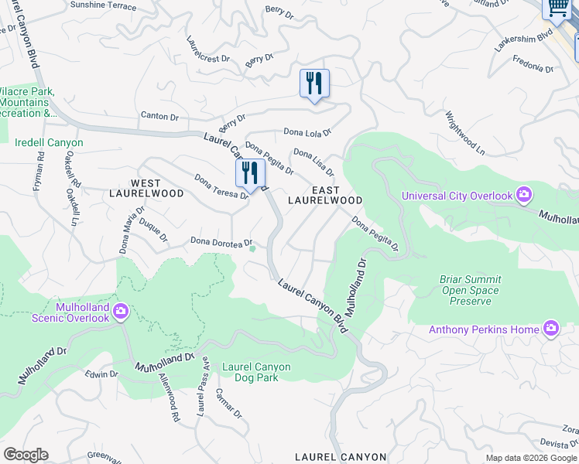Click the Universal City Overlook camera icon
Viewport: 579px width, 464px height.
[x=524, y=194]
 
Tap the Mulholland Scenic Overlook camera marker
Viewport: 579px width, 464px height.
[x=121, y=312]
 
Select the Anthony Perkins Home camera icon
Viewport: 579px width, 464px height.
[x=550, y=329]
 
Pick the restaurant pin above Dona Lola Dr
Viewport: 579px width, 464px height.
[x=314, y=84]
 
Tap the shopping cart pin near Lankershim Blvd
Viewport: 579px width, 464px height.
[x=556, y=7]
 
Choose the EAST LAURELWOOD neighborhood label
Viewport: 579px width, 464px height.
[x=325, y=194]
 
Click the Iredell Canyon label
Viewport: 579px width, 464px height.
[x=49, y=142]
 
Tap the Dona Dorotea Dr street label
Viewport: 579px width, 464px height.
[x=221, y=242]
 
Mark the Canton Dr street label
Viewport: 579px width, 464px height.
[x=159, y=116]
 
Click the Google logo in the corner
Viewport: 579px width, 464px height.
[x=26, y=455]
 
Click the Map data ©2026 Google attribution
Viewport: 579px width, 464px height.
[x=530, y=458]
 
